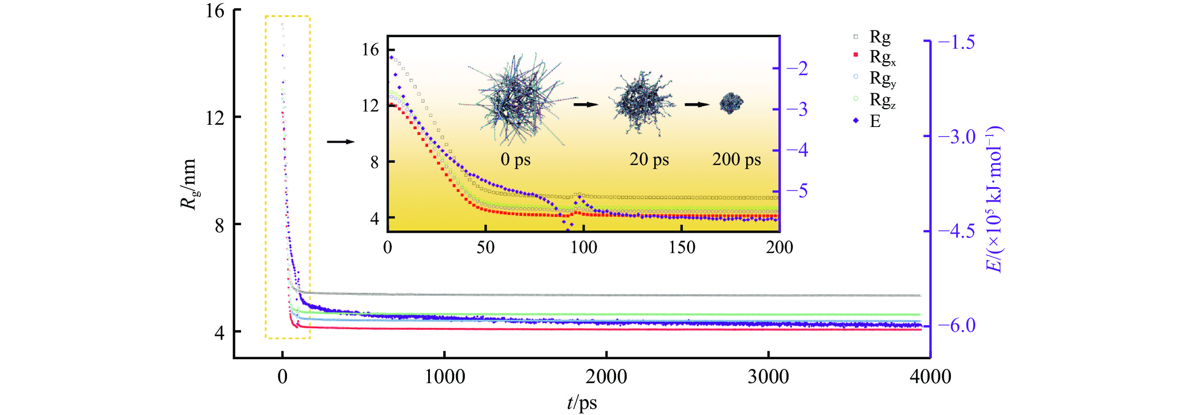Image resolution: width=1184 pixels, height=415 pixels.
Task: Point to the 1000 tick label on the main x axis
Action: point(444,377)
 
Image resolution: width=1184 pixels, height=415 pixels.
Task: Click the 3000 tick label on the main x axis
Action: point(768,377)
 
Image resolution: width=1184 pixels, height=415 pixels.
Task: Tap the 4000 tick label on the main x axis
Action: point(930,377)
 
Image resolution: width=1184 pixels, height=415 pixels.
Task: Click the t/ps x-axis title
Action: point(582,403)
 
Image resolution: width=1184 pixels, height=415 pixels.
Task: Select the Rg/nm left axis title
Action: point(189,184)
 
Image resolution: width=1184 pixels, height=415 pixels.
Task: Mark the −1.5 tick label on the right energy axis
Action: point(956,42)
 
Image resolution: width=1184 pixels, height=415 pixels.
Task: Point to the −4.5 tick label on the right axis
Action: point(956,231)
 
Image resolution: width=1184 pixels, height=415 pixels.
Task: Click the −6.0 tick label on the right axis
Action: point(956,325)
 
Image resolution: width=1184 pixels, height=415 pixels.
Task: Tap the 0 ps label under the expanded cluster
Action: point(515,159)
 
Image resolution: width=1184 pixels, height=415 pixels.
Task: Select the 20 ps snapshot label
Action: point(649,159)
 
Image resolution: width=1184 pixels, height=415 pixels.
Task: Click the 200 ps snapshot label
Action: point(736,159)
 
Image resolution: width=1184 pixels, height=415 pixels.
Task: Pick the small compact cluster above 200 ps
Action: point(731,103)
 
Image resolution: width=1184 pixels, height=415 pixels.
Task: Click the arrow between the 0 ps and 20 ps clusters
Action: point(586,105)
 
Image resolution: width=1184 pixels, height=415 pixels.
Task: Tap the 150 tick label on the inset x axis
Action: point(682,248)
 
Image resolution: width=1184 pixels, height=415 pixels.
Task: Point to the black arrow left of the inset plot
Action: point(341,142)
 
